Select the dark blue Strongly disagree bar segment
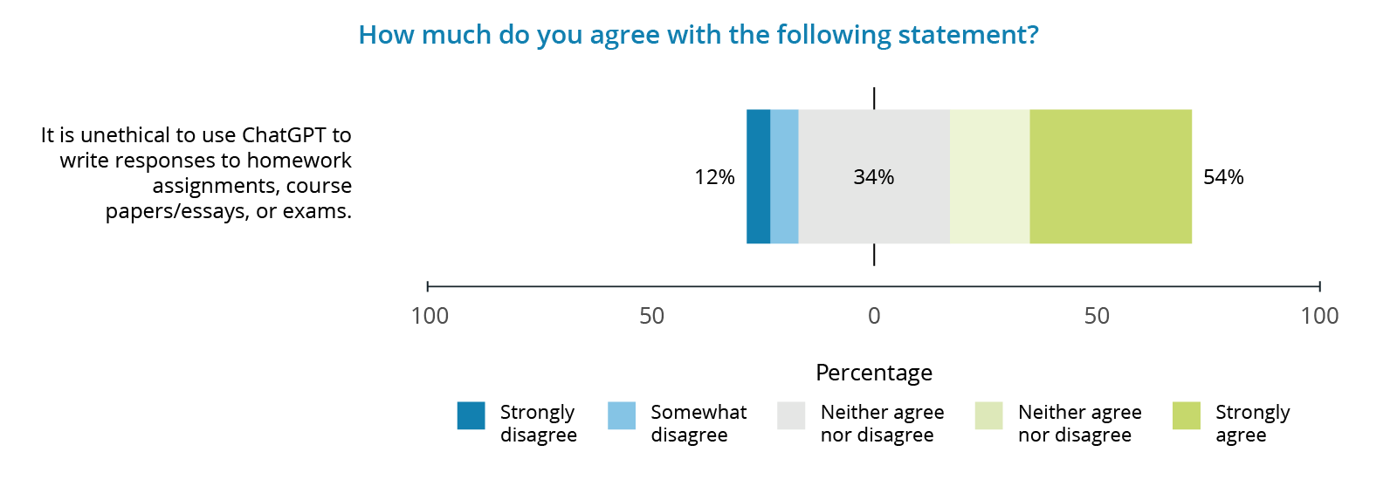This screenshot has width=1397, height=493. (x=758, y=176)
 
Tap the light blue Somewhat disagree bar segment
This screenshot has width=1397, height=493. (x=784, y=176)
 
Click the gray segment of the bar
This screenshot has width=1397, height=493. (x=873, y=209)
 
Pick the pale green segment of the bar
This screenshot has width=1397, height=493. (x=989, y=176)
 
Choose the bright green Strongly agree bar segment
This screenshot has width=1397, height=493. (x=1110, y=176)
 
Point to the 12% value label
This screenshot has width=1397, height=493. (x=714, y=177)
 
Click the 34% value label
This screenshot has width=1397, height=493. (x=873, y=177)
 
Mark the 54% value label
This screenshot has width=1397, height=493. (x=1223, y=177)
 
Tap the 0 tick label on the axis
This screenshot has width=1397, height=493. (x=874, y=316)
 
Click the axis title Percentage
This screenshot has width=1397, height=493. (x=873, y=373)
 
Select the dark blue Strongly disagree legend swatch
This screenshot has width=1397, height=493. (x=471, y=415)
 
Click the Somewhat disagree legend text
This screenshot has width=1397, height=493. (x=698, y=423)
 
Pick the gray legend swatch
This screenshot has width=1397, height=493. (x=791, y=415)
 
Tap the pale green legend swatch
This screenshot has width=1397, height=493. (x=988, y=415)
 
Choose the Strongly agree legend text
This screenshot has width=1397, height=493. (x=1252, y=423)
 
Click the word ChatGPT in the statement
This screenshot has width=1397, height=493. (x=284, y=135)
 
